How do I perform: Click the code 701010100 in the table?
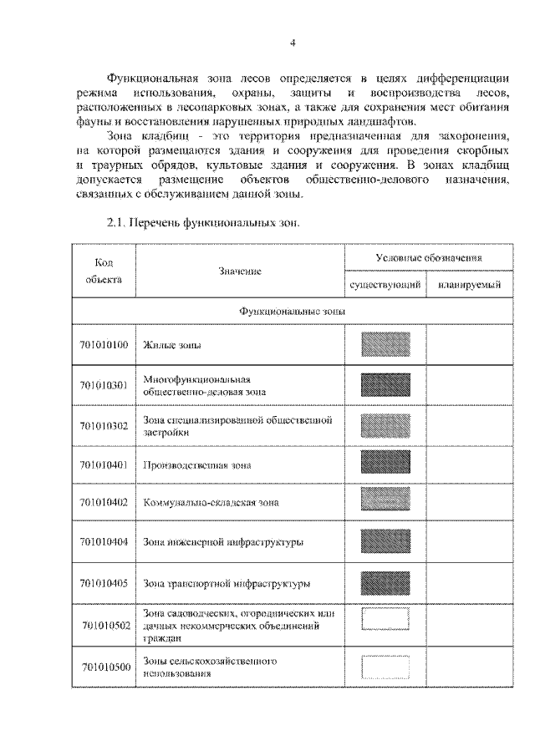(104, 344)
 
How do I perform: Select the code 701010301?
(104, 385)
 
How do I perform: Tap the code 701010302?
(104, 425)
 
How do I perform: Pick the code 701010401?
(104, 464)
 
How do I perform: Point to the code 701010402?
(104, 502)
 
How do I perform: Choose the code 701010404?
(104, 542)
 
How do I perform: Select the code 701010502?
(105, 624)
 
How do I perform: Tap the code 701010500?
(105, 666)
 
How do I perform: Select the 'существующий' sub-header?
(385, 286)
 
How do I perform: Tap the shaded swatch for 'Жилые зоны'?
(385, 344)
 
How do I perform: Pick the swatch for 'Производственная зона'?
(385, 464)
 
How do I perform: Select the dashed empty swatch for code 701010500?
(385, 667)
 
